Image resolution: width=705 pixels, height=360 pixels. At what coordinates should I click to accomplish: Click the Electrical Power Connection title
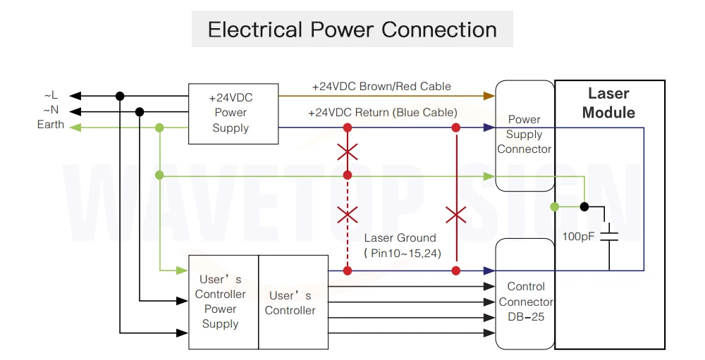[x=352, y=30]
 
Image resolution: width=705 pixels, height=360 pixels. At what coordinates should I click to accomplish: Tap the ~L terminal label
[x=51, y=95]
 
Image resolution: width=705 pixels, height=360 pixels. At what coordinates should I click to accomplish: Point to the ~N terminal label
[x=51, y=110]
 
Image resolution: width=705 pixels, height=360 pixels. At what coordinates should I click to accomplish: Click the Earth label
[x=50, y=125]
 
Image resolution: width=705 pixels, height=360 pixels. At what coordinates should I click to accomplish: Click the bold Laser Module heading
[x=609, y=103]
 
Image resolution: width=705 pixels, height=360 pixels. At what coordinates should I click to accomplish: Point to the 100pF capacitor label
[x=579, y=237]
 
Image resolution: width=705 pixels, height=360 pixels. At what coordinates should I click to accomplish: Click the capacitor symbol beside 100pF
[x=610, y=237]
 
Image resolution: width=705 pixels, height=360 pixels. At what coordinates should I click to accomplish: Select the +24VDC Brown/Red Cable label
[x=381, y=86]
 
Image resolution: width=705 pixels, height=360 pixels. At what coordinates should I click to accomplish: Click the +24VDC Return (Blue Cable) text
[x=383, y=112]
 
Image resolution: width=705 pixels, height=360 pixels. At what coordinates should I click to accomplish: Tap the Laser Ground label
[x=400, y=237]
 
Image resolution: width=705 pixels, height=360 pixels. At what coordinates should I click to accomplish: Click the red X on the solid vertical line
[x=456, y=216]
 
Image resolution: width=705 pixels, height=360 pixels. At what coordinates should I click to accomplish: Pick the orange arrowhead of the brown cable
[x=489, y=96]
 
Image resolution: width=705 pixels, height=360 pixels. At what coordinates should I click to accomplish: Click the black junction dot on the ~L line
[x=120, y=97]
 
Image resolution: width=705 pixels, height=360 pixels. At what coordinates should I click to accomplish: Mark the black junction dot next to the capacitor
[x=584, y=206]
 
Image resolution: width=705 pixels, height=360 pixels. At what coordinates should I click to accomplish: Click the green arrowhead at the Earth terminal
[x=75, y=128]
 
